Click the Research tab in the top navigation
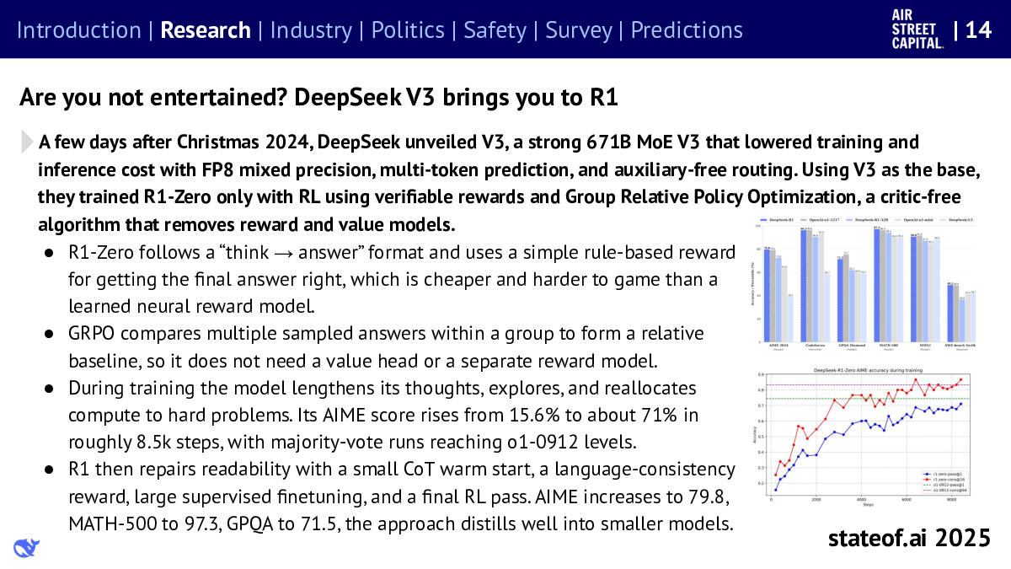click(206, 30)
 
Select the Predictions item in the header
click(687, 30)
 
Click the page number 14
click(977, 30)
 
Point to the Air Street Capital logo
click(917, 30)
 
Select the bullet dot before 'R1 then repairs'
click(51, 470)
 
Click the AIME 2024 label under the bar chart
click(777, 345)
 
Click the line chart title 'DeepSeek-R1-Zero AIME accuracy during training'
click(868, 370)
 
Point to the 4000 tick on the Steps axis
click(860, 500)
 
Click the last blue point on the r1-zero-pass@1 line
click(960, 404)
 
